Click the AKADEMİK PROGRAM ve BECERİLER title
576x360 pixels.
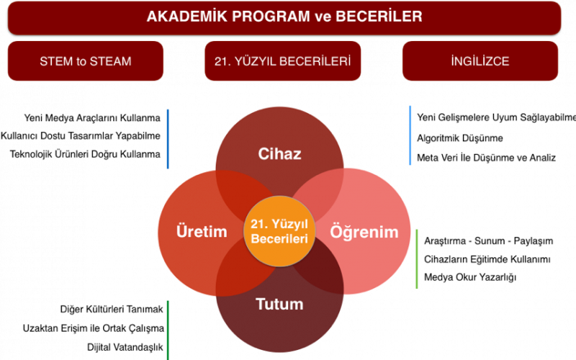(x=284, y=17)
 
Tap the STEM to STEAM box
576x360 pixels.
(x=86, y=61)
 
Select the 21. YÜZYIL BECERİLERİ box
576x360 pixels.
(x=282, y=61)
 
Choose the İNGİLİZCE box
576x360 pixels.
(x=480, y=61)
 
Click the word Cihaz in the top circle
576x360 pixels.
(x=279, y=153)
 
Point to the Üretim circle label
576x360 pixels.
(x=202, y=231)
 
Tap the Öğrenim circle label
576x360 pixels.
(x=364, y=232)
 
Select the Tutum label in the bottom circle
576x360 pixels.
(x=279, y=304)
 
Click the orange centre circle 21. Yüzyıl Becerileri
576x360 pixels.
(x=279, y=231)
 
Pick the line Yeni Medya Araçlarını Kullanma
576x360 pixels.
(x=92, y=118)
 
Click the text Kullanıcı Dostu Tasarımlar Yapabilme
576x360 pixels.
(x=81, y=136)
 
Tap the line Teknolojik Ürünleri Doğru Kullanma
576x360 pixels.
(x=85, y=154)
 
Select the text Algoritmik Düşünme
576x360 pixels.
(x=460, y=138)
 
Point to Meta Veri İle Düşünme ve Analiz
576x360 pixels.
(x=487, y=158)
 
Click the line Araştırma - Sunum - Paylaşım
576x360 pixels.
(x=489, y=241)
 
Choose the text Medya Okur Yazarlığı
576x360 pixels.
(x=470, y=277)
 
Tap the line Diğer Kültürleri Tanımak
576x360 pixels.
(x=112, y=310)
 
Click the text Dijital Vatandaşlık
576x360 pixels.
(x=125, y=347)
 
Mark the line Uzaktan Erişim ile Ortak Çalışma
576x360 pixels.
(x=94, y=328)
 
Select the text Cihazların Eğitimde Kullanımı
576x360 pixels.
(x=487, y=259)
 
